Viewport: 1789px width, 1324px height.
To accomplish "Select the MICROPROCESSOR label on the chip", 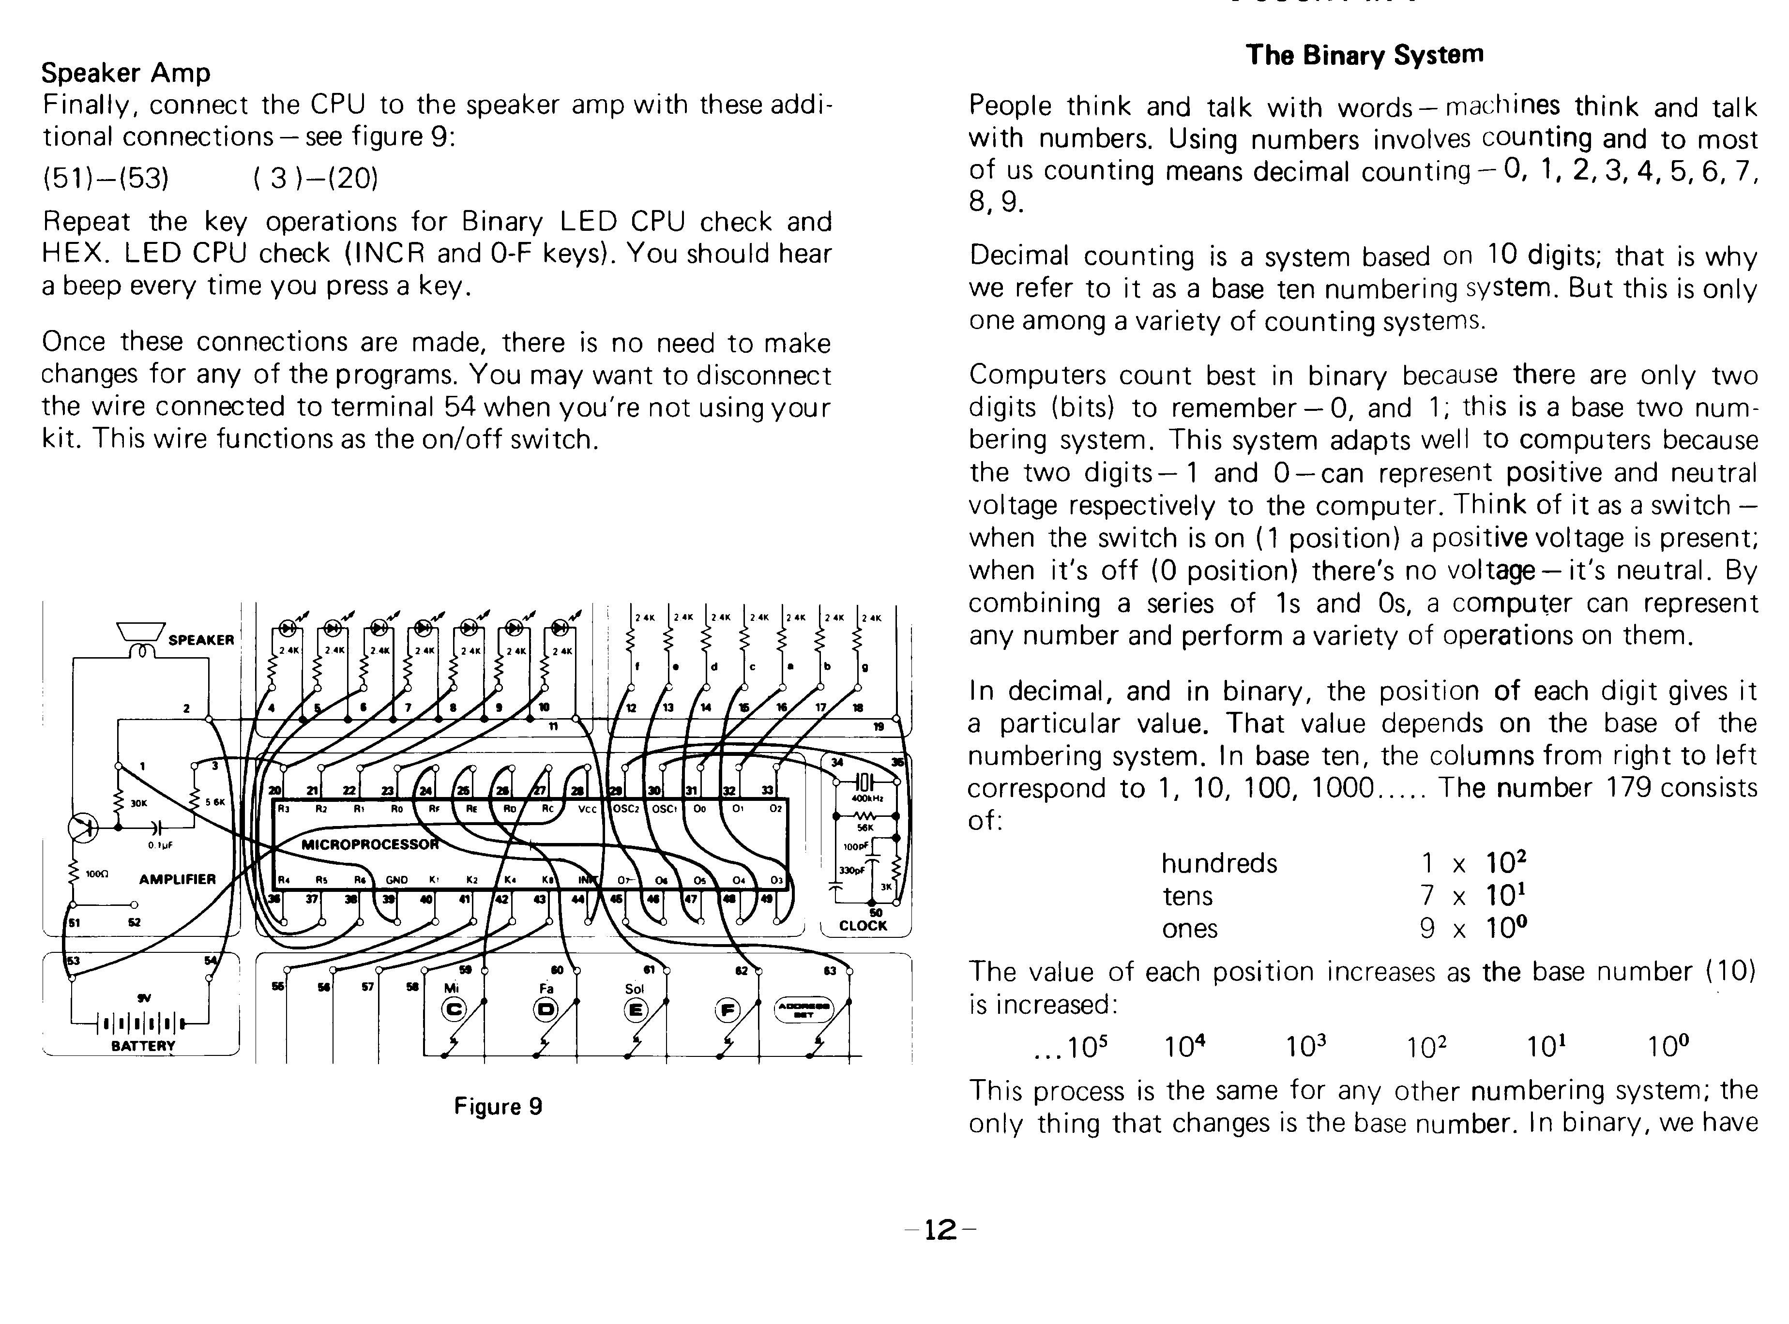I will [x=369, y=844].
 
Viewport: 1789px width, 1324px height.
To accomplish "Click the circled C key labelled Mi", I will [x=454, y=1010].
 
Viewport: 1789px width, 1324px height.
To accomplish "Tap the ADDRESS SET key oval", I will [x=803, y=1010].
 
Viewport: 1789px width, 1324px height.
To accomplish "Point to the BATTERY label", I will [x=143, y=1046].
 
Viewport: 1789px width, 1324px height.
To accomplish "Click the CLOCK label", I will [x=863, y=926].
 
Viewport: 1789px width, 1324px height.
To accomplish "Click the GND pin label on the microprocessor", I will [x=397, y=880].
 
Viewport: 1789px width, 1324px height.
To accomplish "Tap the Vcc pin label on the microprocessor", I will [x=588, y=810].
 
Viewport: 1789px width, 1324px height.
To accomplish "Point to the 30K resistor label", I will [x=138, y=802].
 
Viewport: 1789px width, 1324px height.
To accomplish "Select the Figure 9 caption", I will [x=498, y=1107].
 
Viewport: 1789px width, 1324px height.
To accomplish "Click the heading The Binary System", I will [x=1364, y=55].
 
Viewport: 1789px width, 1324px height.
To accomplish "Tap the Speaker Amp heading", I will [x=126, y=73].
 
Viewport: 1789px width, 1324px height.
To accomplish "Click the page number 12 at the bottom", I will [x=940, y=1230].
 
